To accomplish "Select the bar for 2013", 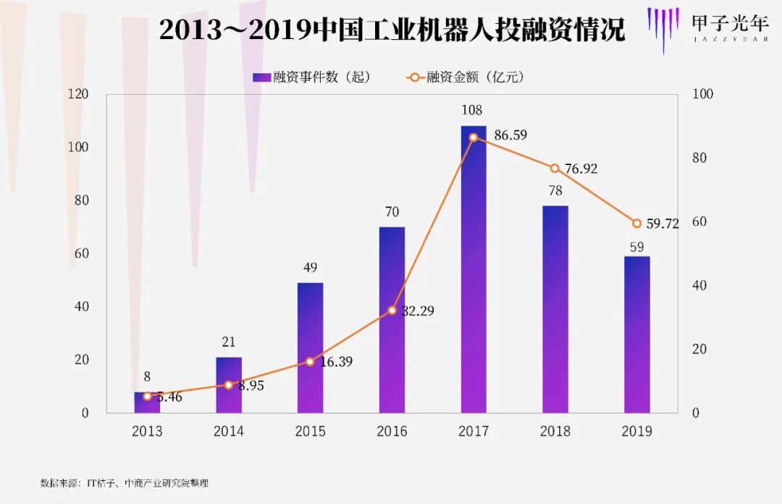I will coord(147,403).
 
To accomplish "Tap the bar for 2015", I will coord(310,348).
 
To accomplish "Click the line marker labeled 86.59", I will coord(474,138).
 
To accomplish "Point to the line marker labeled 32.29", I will coord(392,310).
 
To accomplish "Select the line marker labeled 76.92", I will coord(555,168).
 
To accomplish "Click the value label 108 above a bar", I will coord(471,111).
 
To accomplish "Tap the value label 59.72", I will coord(662,224).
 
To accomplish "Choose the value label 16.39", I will coord(336,362).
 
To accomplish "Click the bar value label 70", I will coord(392,212).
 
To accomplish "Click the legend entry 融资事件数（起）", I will coord(312,77).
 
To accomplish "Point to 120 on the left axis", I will coord(77,94).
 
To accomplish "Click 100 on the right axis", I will coord(703,94).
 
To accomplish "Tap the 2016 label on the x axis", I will coord(392,432).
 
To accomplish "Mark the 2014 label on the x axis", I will coord(229,432).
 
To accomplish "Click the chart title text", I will coord(392,30).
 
